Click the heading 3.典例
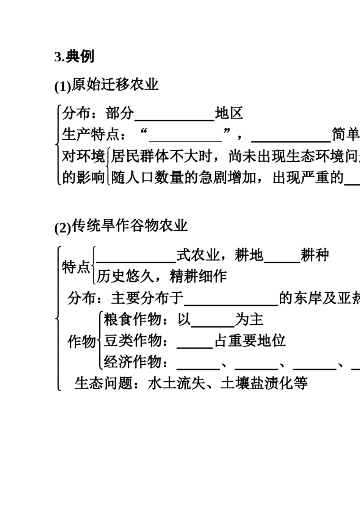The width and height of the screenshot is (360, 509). [74, 57]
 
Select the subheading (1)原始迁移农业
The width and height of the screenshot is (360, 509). [106, 85]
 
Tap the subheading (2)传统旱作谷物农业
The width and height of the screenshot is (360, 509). [121, 226]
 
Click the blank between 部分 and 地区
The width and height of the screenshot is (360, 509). [175, 115]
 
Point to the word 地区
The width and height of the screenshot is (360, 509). [229, 113]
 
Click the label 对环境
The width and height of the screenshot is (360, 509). [83, 156]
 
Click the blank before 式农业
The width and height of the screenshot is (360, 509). [136, 257]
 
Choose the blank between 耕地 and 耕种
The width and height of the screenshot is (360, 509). [282, 257]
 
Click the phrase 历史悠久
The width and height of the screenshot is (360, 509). [125, 276]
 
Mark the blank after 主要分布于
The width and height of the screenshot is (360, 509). [231, 300]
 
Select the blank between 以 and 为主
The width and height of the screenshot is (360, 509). [213, 321]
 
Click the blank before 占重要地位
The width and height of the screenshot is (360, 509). [195, 342]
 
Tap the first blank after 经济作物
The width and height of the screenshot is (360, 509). [198, 364]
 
